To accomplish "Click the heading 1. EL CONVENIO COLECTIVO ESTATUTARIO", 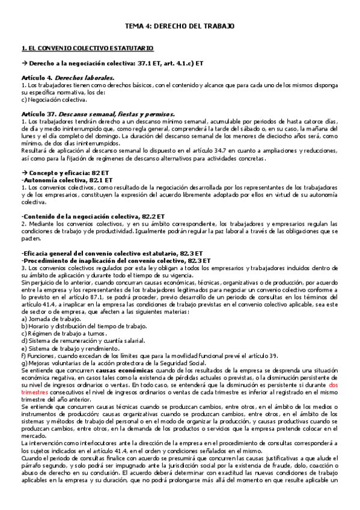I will [87, 48].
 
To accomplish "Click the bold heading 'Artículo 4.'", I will [37, 78].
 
